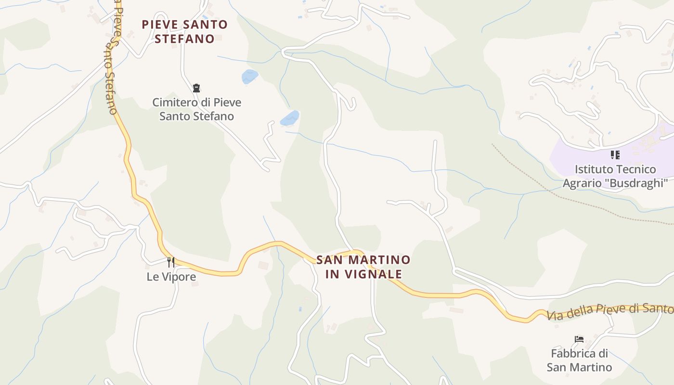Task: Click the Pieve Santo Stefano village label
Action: tap(184, 31)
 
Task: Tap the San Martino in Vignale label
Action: tap(363, 267)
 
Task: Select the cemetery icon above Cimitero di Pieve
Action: tap(196, 88)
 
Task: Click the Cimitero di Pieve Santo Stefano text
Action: tap(197, 109)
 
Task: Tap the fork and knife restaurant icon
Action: tap(171, 262)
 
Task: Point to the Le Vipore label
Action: tap(171, 277)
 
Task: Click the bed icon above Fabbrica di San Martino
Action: tap(579, 339)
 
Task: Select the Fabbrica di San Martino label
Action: tap(579, 360)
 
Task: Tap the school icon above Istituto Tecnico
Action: tap(615, 155)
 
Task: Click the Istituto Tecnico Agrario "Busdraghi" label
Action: tap(615, 176)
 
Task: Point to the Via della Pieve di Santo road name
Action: tap(609, 312)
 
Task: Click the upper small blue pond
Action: tap(250, 76)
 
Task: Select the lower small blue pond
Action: tap(290, 117)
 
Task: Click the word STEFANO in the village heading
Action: tap(184, 38)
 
